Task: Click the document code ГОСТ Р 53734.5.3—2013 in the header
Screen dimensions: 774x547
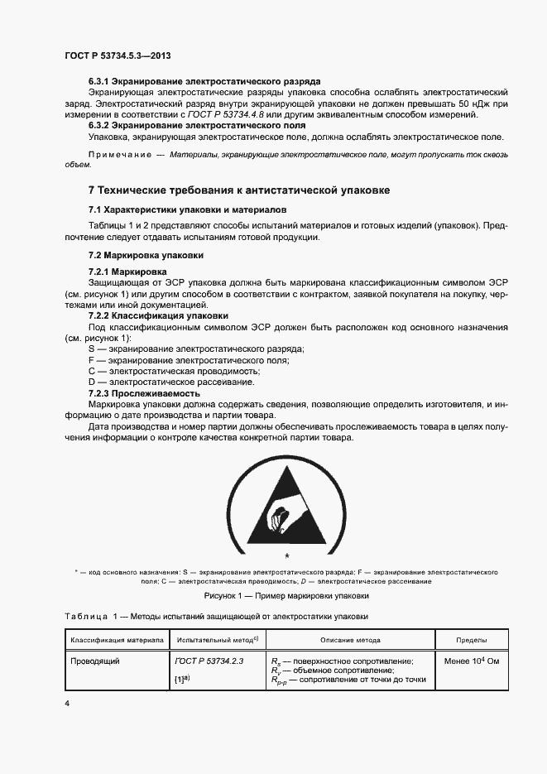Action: (118, 55)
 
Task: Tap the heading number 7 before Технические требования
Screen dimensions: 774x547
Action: (92, 190)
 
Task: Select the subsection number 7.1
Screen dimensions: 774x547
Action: (95, 210)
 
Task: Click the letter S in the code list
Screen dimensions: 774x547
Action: (90, 349)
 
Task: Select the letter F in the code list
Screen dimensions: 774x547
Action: (90, 360)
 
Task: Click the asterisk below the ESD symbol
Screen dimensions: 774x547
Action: (287, 555)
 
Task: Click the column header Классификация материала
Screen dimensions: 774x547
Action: (116, 640)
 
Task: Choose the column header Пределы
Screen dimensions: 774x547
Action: (472, 640)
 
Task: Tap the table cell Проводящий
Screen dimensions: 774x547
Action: (95, 661)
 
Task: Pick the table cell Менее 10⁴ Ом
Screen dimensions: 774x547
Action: (472, 661)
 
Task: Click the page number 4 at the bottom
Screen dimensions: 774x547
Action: (67, 703)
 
